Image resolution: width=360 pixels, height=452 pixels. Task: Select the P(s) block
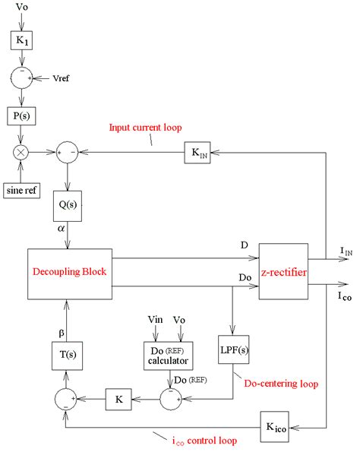point(21,115)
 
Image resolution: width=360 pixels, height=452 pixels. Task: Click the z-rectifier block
point(288,272)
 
